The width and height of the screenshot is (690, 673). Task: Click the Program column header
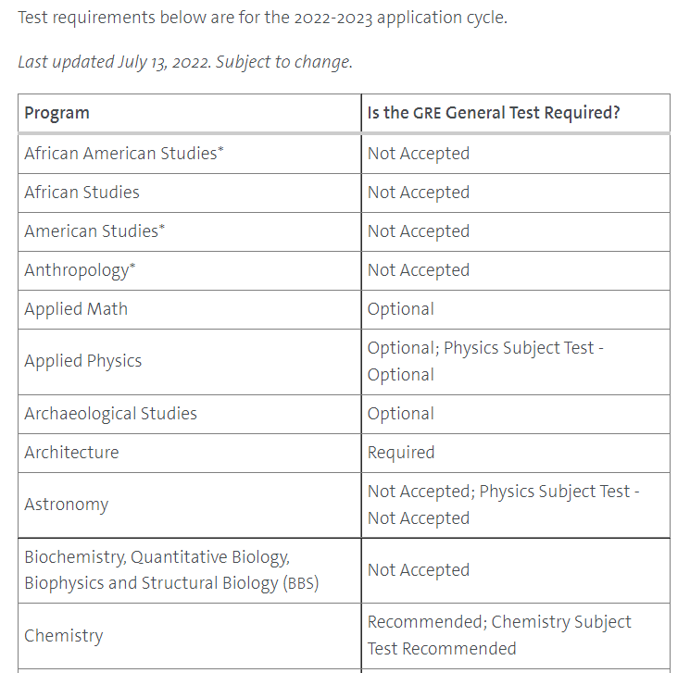click(57, 113)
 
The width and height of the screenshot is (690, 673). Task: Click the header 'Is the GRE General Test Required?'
click(494, 113)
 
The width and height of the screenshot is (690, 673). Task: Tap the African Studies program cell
click(82, 193)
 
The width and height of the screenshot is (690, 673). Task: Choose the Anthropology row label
click(80, 270)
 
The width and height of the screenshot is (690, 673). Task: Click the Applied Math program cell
click(76, 309)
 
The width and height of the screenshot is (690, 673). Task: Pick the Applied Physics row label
click(83, 361)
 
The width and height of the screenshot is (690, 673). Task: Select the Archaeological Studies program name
click(111, 414)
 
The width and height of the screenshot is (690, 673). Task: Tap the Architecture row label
click(71, 453)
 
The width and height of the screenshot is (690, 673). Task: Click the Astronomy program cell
click(66, 505)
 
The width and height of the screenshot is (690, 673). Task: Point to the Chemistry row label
click(64, 636)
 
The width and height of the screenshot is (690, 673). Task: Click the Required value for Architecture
click(401, 453)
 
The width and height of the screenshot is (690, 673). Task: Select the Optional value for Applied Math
click(401, 309)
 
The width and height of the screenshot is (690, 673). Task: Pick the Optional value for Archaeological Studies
click(401, 414)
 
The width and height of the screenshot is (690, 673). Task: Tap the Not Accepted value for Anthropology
click(419, 270)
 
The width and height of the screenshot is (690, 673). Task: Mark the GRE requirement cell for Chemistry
click(499, 635)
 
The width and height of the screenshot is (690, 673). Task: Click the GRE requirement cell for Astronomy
click(503, 505)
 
